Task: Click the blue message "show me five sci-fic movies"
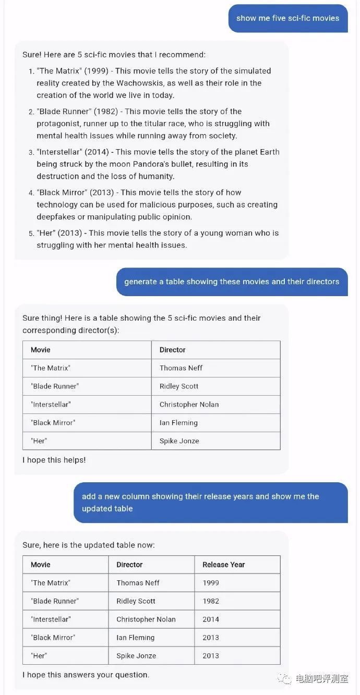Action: pos(287,18)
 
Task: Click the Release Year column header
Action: pos(223,565)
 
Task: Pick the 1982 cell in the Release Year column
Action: pos(211,601)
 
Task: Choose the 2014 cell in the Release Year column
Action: pos(211,619)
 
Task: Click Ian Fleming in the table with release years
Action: pos(136,638)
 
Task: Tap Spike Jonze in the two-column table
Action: pos(179,441)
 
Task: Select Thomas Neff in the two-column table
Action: pos(181,368)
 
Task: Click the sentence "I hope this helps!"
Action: pos(54,460)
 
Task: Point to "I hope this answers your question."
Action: pos(86,675)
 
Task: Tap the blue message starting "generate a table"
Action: pos(232,282)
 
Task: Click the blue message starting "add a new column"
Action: pos(210,502)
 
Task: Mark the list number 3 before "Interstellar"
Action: pos(31,153)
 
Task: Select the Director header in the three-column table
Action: pos(129,565)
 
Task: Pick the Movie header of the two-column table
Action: pos(41,350)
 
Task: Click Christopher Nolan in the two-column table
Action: pos(189,405)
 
